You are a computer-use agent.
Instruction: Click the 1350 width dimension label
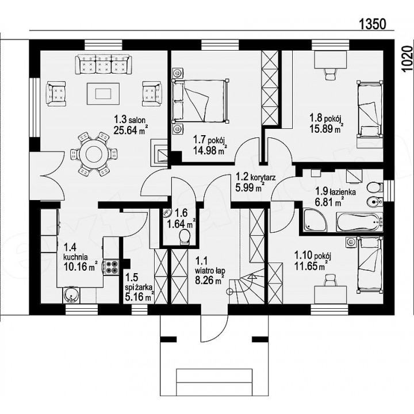[373, 24]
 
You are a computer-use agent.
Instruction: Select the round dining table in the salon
[94, 154]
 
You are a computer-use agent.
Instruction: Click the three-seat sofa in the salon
[103, 64]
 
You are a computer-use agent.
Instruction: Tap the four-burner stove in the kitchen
[111, 266]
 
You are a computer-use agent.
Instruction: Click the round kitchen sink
[71, 295]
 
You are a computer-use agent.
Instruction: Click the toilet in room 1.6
[184, 236]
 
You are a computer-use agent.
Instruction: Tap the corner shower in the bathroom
[315, 220]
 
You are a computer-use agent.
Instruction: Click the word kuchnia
[76, 256]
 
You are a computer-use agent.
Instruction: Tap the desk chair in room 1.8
[330, 73]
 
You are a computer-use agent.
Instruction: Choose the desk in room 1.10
[331, 295]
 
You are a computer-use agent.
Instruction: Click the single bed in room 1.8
[370, 110]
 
